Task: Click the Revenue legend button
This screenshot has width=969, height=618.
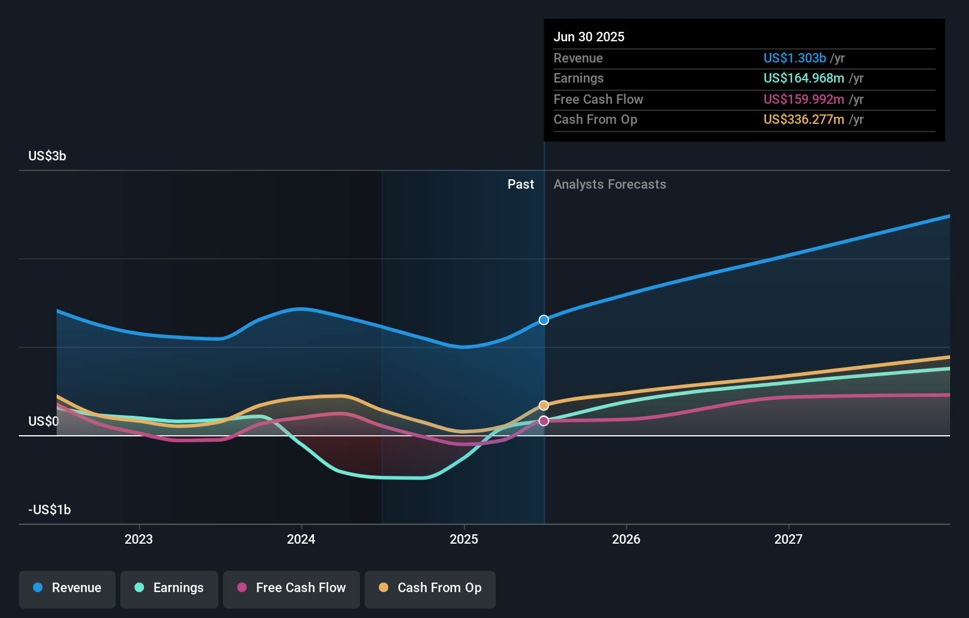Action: pos(67,588)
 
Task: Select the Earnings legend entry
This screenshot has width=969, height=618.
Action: pos(169,588)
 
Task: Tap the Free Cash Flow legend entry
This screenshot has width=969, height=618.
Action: pos(292,588)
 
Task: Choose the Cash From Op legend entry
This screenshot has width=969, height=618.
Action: pos(430,588)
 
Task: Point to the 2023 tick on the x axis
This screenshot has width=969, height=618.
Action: pos(139,539)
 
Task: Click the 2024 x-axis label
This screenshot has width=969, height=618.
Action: pos(301,539)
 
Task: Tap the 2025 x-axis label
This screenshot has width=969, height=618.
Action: pos(464,539)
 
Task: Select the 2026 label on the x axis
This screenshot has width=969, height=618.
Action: pos(626,539)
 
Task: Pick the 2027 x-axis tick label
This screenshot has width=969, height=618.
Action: pos(788,539)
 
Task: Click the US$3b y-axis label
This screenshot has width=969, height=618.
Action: pos(47,156)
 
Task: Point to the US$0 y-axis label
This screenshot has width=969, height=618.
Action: pos(44,421)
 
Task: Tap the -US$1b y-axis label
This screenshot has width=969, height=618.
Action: pos(50,509)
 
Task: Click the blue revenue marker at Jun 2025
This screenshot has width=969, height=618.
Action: pos(544,320)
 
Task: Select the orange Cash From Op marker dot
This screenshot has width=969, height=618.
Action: pos(544,405)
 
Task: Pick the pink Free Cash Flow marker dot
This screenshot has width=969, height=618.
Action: pos(544,420)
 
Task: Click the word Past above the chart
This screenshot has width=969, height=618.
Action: pos(520,185)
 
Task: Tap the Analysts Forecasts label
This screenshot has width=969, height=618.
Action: pos(610,185)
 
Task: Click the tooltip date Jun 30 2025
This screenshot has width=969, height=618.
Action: pos(589,37)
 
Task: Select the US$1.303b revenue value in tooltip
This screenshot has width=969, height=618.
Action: pos(794,58)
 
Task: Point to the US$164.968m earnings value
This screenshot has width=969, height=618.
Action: pos(804,78)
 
